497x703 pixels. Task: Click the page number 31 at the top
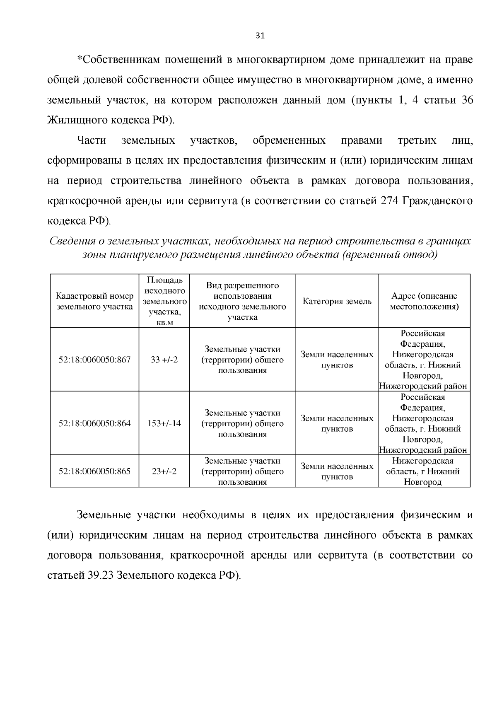click(x=260, y=35)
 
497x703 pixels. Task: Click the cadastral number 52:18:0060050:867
click(x=94, y=360)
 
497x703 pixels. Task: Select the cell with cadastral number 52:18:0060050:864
click(x=94, y=423)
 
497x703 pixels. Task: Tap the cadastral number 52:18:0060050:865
click(x=94, y=471)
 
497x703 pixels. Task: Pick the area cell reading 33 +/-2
click(x=164, y=360)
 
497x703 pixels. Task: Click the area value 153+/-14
click(x=164, y=423)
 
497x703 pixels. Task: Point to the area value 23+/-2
click(x=164, y=471)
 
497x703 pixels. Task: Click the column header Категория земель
click(x=337, y=301)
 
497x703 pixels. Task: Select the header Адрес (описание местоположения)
click(x=424, y=301)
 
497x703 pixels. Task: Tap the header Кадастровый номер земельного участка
click(x=94, y=301)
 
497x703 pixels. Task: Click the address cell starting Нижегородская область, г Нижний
click(x=422, y=471)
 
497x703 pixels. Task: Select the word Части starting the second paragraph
click(x=92, y=141)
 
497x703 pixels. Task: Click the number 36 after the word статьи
click(x=467, y=101)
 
